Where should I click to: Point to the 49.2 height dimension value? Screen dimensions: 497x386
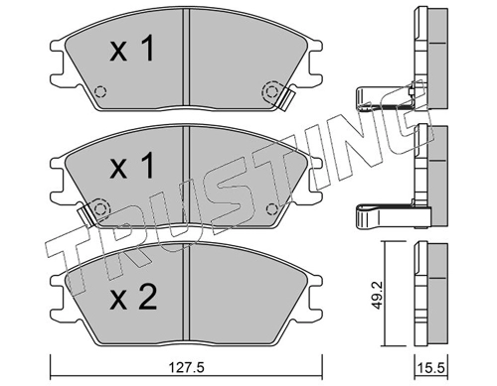[377, 296]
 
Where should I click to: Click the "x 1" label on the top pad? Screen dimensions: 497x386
[132, 50]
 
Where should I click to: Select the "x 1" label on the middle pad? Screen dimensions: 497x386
[132, 166]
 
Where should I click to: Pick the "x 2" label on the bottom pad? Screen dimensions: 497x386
[133, 298]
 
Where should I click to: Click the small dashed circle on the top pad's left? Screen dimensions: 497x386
[100, 91]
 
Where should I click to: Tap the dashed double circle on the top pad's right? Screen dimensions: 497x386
[271, 91]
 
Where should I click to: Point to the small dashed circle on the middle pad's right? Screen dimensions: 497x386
[271, 209]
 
